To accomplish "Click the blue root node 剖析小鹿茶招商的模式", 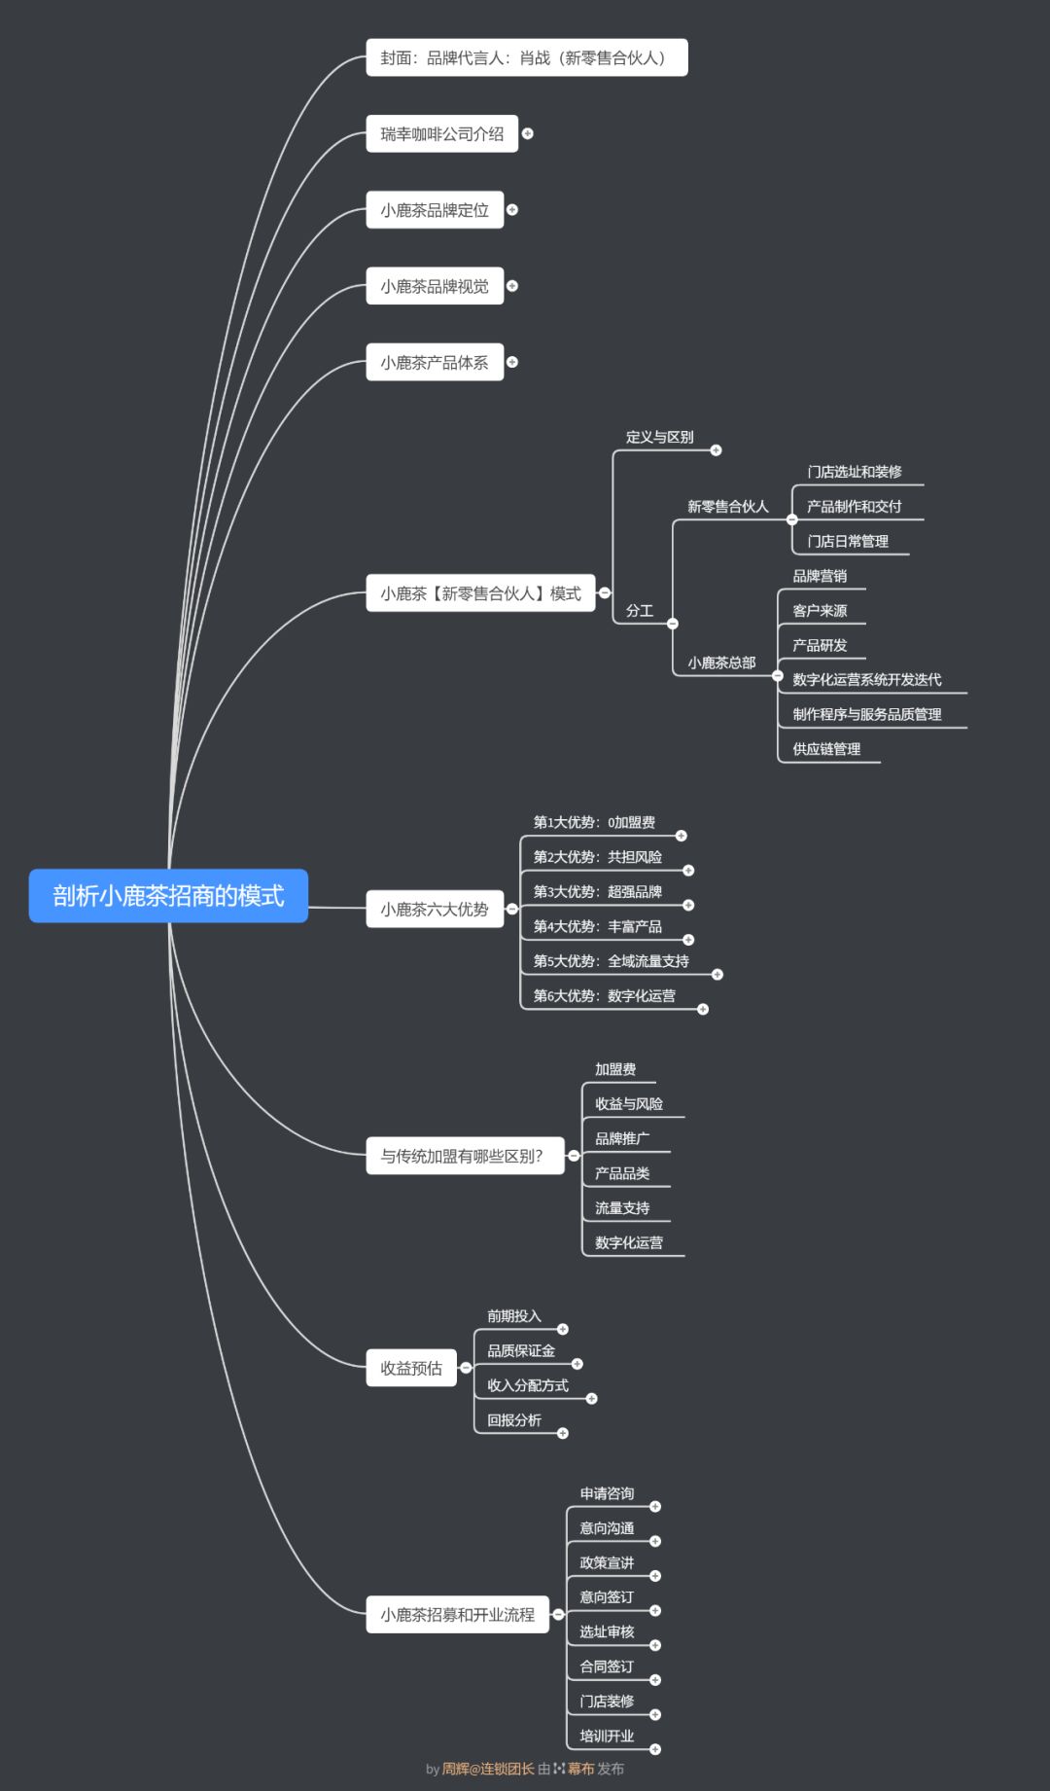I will [168, 895].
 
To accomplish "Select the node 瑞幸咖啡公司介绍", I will [441, 134].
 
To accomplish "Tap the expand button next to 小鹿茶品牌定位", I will [512, 210].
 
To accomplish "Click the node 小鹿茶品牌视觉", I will [435, 286].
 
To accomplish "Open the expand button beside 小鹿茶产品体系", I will [512, 362].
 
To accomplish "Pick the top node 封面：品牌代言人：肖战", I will [526, 58].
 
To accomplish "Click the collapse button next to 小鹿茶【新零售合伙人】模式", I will [605, 592].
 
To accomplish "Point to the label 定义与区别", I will [659, 438].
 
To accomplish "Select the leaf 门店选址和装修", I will [854, 472].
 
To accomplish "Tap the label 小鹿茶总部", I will [721, 663].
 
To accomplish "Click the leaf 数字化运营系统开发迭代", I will [866, 680].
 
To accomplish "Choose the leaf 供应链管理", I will [826, 749].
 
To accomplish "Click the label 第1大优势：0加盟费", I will [594, 823].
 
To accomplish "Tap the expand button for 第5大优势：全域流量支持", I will [717, 975].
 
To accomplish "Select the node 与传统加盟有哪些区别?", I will [463, 1156].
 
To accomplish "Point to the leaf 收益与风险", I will [628, 1104].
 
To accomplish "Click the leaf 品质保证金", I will [521, 1351].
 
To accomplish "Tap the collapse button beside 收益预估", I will [467, 1368].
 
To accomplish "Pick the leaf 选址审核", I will [607, 1632].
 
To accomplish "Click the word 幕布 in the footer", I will [580, 1769].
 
